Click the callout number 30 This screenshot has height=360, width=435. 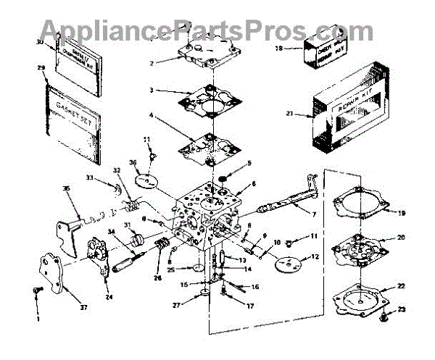coord(41,43)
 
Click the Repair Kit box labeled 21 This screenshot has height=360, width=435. coord(355,107)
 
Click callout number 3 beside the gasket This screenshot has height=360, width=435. coord(152,91)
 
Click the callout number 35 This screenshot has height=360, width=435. coord(66,189)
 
